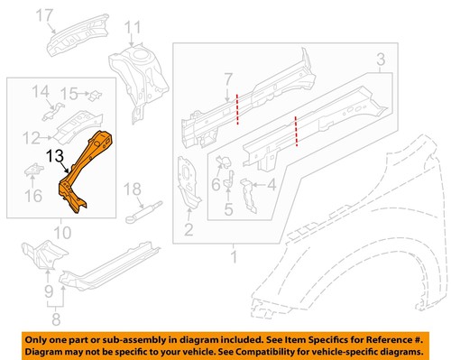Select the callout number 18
(x=133, y=189)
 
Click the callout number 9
(x=49, y=291)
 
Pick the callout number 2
(x=188, y=231)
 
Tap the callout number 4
(x=272, y=187)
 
